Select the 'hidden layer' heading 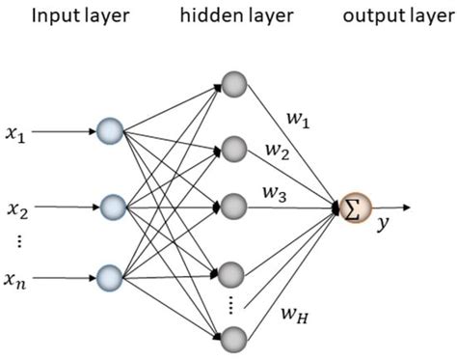(x=231, y=16)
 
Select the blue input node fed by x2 (x=112, y=207)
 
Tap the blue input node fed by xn (x=112, y=280)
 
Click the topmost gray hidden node (x=233, y=81)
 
